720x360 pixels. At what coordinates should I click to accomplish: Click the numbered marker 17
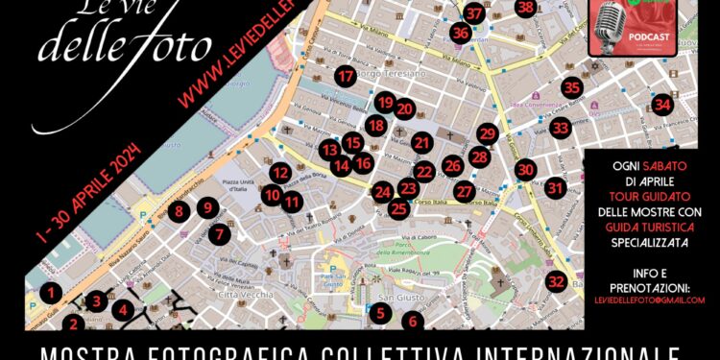click(346, 76)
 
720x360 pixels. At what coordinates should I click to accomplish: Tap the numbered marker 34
click(661, 104)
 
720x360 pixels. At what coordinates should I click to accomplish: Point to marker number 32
click(556, 281)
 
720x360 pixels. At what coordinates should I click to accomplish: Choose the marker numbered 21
click(423, 144)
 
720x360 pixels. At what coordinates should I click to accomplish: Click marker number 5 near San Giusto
click(380, 312)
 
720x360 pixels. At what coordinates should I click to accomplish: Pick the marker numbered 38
click(524, 8)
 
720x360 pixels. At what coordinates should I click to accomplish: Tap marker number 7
click(221, 233)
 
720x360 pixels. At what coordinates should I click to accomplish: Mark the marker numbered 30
click(524, 170)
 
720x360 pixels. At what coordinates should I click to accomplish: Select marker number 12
click(280, 174)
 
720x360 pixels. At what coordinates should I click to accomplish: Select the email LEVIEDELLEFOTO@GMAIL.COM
click(649, 300)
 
